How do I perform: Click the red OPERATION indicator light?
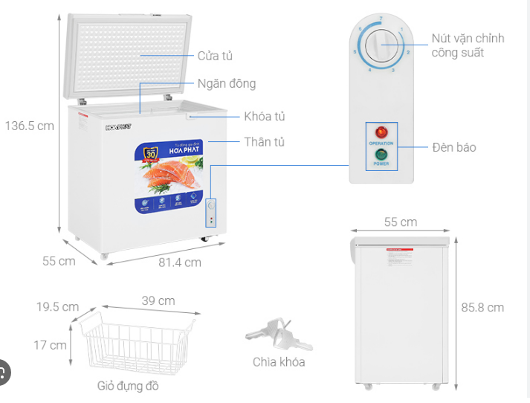(380, 132)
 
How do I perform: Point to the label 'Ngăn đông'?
(227, 84)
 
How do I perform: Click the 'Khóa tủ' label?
(264, 116)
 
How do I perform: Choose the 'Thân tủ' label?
(264, 141)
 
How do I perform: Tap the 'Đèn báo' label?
(453, 147)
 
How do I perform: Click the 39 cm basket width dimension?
(158, 300)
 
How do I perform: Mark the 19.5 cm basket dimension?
(57, 306)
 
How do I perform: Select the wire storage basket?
(135, 343)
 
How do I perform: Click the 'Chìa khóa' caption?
(278, 362)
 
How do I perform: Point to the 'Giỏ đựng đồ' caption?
(127, 386)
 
